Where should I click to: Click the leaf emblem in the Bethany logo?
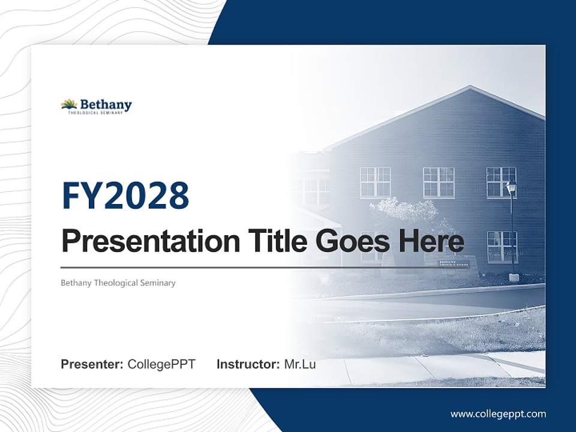click(x=69, y=104)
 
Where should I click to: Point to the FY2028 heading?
click(x=125, y=195)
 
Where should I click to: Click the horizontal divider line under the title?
click(x=264, y=267)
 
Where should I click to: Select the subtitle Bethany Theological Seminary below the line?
click(x=118, y=283)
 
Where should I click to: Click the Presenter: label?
click(x=92, y=364)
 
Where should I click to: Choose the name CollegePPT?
click(x=161, y=364)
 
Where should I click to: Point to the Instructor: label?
click(x=248, y=364)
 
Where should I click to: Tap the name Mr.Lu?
click(x=300, y=364)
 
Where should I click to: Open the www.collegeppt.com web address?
click(x=498, y=413)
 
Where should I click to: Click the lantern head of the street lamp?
click(x=511, y=187)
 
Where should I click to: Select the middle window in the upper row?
click(x=439, y=182)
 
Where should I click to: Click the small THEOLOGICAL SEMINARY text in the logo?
click(x=99, y=112)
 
